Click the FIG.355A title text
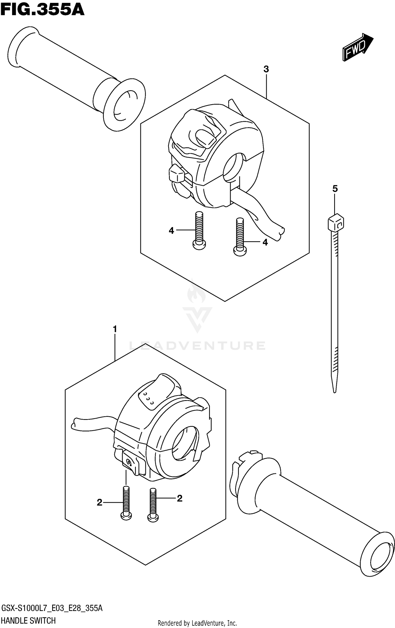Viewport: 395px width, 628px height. [x=42, y=10]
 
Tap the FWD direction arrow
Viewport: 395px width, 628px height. [x=357, y=47]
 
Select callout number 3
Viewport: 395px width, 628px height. [x=266, y=69]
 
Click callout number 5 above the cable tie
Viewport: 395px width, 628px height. [x=335, y=189]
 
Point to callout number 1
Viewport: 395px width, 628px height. [x=115, y=329]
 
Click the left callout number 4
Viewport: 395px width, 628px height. [x=171, y=231]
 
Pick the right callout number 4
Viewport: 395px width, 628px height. [x=265, y=242]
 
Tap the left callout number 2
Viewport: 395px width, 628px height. [x=99, y=502]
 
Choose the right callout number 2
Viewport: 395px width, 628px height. [x=179, y=498]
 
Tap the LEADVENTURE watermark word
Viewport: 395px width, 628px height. [x=197, y=345]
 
